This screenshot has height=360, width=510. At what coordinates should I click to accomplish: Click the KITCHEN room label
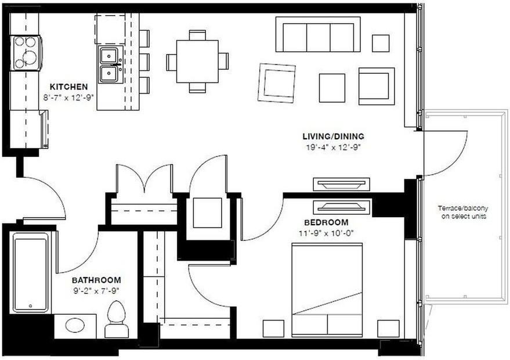pyautogui.click(x=68, y=87)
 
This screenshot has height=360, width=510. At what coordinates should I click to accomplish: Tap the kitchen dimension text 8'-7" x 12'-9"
pyautogui.click(x=68, y=97)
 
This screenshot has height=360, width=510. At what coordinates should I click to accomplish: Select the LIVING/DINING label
pyautogui.click(x=333, y=136)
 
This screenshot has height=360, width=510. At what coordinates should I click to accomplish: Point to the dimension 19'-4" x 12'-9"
pyautogui.click(x=333, y=147)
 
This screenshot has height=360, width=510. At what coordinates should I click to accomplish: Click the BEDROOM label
pyautogui.click(x=326, y=222)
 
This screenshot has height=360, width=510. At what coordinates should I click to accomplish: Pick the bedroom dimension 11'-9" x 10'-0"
pyautogui.click(x=326, y=233)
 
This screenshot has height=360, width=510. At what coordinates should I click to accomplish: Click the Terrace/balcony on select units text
pyautogui.click(x=462, y=212)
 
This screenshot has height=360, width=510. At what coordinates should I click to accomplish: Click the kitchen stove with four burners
pyautogui.click(x=26, y=53)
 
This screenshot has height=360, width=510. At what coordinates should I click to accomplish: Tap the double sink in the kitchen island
pyautogui.click(x=108, y=64)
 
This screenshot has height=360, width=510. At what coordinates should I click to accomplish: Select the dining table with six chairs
pyautogui.click(x=197, y=61)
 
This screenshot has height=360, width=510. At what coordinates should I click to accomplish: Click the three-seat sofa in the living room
pyautogui.click(x=318, y=35)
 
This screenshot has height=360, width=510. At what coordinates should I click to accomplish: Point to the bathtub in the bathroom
pyautogui.click(x=31, y=272)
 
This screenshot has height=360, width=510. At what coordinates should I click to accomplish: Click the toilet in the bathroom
pyautogui.click(x=117, y=321)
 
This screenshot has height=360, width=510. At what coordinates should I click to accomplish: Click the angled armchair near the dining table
pyautogui.click(x=277, y=83)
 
